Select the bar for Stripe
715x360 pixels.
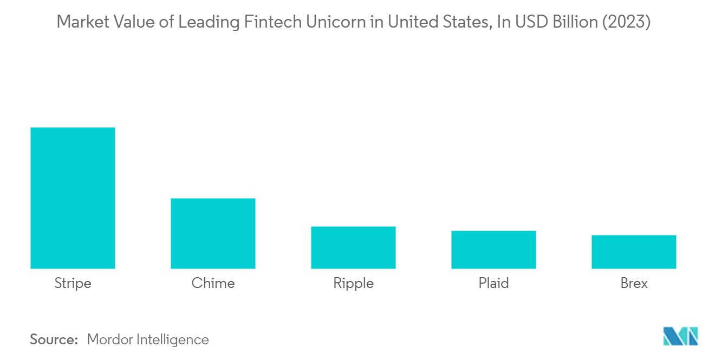(x=73, y=198)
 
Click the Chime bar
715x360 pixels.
(x=213, y=234)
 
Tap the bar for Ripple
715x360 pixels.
(x=353, y=247)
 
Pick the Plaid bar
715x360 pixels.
(x=493, y=250)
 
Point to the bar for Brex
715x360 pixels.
(x=634, y=252)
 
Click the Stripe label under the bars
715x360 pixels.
(x=73, y=284)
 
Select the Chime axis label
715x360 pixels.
(x=213, y=283)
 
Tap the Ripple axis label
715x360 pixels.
(x=353, y=284)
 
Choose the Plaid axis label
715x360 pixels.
(x=493, y=283)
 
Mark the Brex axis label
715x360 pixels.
(x=634, y=283)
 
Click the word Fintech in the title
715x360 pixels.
(x=272, y=22)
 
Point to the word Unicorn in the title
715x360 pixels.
(x=336, y=22)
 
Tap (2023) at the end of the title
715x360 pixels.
(x=626, y=22)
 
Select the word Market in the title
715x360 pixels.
(x=83, y=22)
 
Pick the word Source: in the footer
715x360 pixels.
(x=54, y=339)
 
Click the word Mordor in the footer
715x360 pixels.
(x=109, y=339)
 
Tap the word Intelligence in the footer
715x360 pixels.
(x=173, y=340)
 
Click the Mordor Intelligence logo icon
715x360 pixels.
(x=681, y=336)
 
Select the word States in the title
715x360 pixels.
(x=467, y=22)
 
